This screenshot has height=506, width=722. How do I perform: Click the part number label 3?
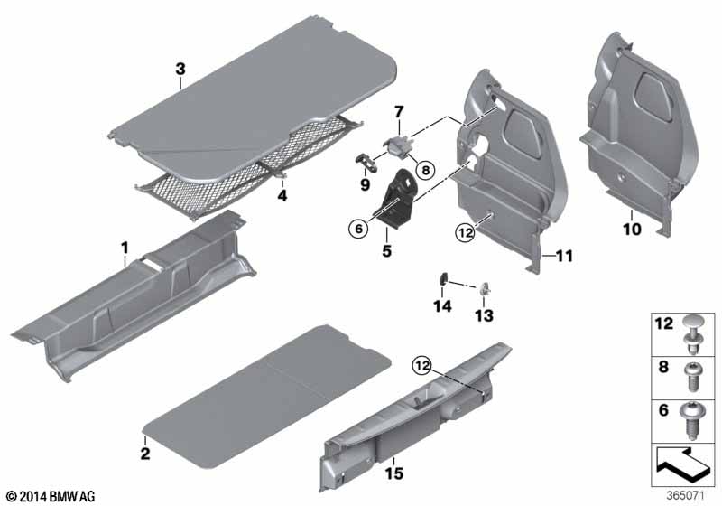[x=180, y=70]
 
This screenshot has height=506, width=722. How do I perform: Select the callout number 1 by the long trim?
[x=125, y=248]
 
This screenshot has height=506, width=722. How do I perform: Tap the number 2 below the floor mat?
[x=145, y=454]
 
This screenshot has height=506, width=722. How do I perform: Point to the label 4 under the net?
[x=282, y=195]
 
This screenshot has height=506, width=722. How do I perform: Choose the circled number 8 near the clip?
[x=425, y=170]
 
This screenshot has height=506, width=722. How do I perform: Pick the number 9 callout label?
[x=365, y=185]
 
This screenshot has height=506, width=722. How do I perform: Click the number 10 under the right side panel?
[x=632, y=229]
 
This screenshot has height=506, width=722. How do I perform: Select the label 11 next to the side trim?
[x=565, y=256]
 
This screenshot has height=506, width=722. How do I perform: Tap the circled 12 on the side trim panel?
[x=465, y=233]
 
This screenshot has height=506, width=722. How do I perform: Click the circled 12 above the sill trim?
[x=422, y=366]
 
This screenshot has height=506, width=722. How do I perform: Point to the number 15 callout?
[x=394, y=473]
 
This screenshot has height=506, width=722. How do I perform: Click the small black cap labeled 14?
[x=444, y=278]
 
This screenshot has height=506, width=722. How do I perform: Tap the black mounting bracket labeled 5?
[x=397, y=199]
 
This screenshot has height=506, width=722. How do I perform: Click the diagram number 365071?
[x=686, y=496]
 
